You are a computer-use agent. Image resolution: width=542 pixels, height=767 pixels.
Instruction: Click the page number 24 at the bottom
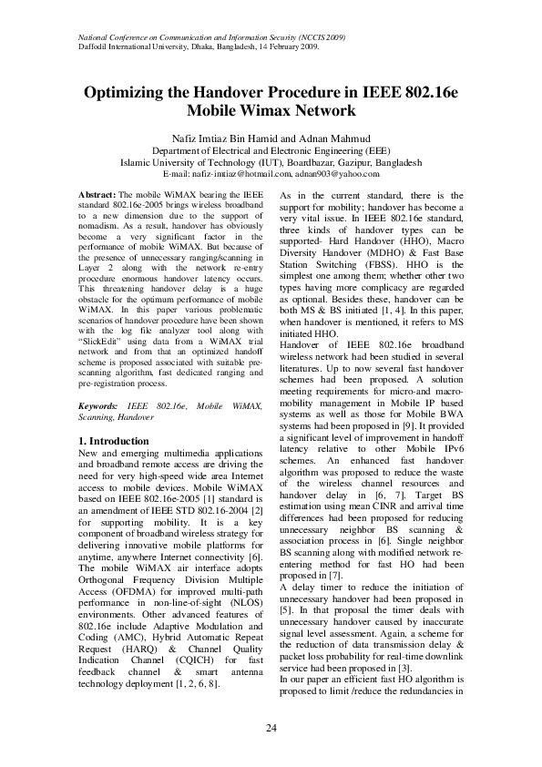(x=271, y=727)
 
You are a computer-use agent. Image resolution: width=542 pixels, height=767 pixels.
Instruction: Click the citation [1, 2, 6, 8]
(x=195, y=682)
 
